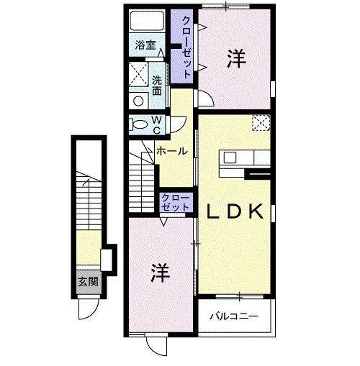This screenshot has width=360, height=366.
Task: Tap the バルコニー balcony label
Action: click(x=235, y=316)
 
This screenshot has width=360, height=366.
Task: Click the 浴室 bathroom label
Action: click(x=146, y=45)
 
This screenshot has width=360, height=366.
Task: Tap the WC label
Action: click(x=156, y=125)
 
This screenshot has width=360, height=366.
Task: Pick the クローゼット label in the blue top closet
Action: click(x=186, y=47)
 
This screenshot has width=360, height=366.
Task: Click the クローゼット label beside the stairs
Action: click(x=175, y=201)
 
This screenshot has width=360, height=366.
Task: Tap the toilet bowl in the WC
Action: click(x=140, y=125)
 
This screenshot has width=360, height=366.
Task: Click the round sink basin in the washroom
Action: click(x=137, y=101)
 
